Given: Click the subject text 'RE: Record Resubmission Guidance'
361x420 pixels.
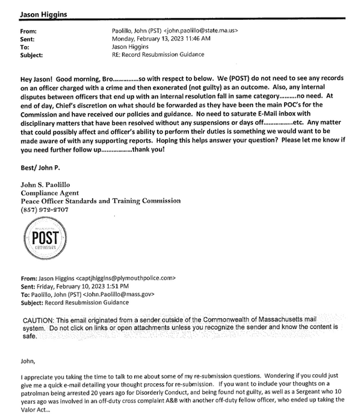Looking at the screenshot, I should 158,54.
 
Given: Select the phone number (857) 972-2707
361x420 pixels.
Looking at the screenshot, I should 46,209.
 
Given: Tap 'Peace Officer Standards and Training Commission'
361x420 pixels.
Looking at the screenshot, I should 100,201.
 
